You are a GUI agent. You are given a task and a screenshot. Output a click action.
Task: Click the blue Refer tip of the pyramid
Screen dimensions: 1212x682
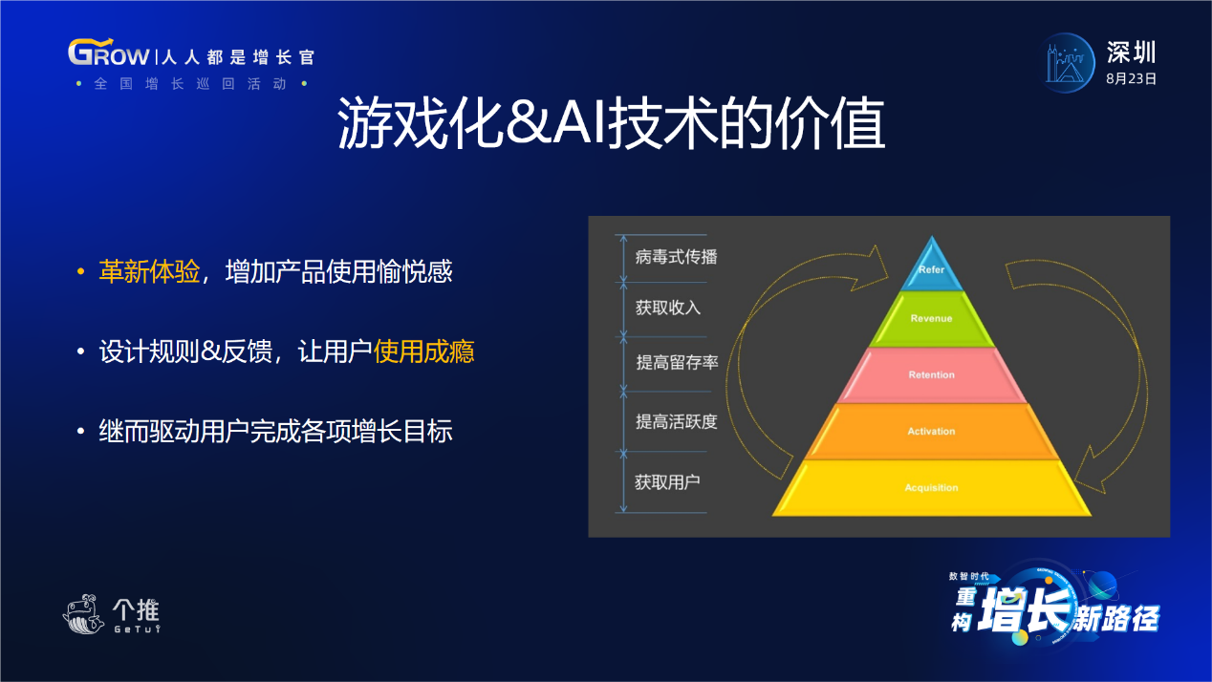pos(932,267)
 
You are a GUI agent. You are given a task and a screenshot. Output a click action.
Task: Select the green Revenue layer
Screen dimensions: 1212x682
pos(932,319)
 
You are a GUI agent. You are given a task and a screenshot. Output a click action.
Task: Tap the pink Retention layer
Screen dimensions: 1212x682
pos(932,374)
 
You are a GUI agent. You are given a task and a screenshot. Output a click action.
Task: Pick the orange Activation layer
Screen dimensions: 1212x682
pos(932,431)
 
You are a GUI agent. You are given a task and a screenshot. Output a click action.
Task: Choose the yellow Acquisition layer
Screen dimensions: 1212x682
pos(932,488)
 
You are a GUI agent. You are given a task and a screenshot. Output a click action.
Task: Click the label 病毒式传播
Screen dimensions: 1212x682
pos(677,257)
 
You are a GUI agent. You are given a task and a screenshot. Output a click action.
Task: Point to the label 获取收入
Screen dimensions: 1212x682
pos(668,308)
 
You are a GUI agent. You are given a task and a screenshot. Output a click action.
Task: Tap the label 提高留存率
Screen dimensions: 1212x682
pos(677,362)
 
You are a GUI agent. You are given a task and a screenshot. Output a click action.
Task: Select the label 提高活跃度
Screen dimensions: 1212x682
pos(677,421)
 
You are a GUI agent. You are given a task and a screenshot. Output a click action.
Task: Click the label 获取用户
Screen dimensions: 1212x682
pos(667,481)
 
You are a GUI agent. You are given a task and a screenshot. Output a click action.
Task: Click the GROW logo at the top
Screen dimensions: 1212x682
pos(108,53)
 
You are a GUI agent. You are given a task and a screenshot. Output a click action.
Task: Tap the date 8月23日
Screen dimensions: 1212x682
pos(1131,79)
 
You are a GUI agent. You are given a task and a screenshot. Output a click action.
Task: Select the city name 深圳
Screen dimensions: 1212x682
pos(1131,53)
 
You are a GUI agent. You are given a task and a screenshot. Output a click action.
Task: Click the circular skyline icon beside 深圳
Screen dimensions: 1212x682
pos(1067,63)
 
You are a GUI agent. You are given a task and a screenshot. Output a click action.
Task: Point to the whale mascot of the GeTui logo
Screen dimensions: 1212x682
pos(83,614)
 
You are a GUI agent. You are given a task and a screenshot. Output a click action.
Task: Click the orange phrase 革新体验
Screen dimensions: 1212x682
pos(149,271)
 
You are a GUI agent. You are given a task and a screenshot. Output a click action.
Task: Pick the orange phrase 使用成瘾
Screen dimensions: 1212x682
pos(423,352)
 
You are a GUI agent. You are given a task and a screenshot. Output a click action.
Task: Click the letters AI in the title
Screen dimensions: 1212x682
pos(578,123)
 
